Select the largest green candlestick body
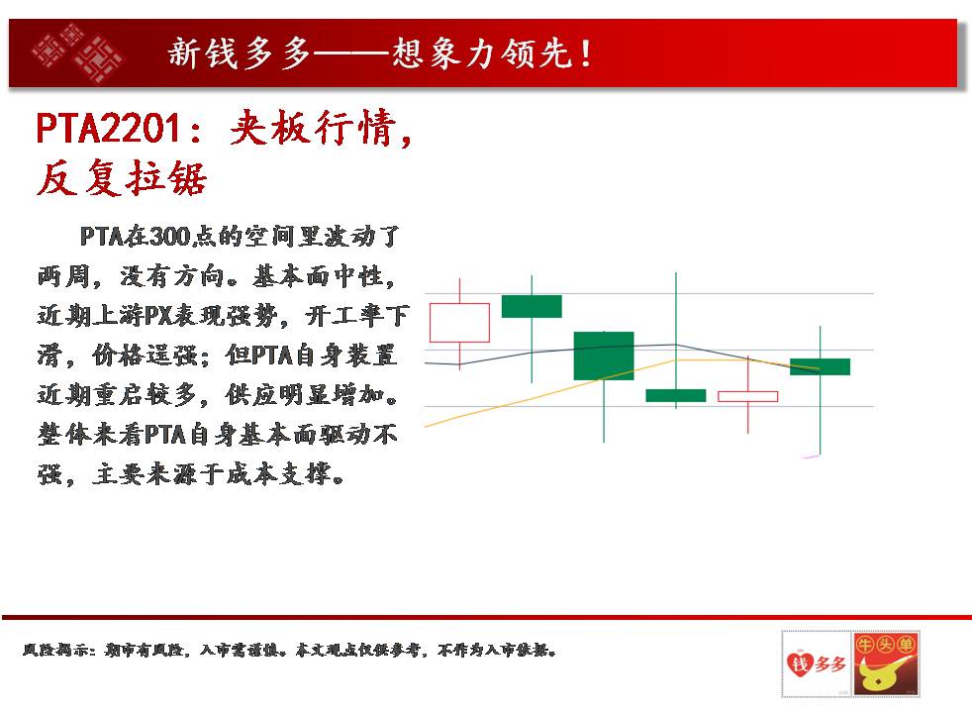[x=604, y=356]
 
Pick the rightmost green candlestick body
[x=821, y=367]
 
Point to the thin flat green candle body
[x=676, y=395]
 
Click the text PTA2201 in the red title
[x=108, y=129]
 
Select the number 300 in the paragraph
[x=169, y=237]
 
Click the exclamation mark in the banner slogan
[x=585, y=52]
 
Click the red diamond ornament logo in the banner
[x=78, y=52]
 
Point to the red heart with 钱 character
[x=799, y=664]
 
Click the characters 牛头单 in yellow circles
[x=885, y=645]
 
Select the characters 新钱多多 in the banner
[x=239, y=52]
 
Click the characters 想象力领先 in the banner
[x=481, y=52]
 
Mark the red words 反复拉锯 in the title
[x=122, y=178]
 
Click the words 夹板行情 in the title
[x=314, y=128]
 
